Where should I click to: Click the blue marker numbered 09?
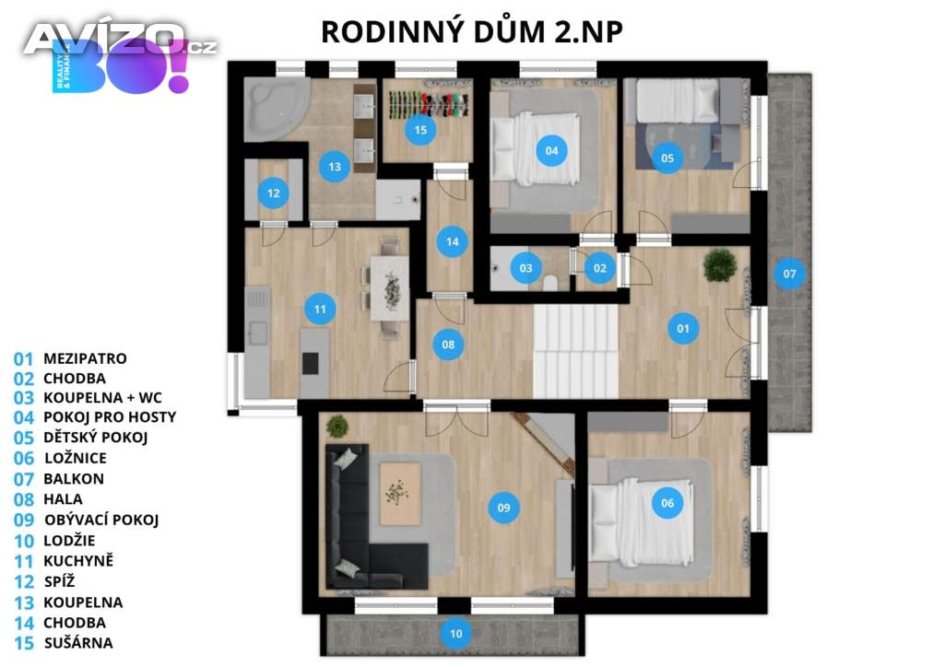pyautogui.click(x=504, y=508)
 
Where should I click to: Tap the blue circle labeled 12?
pyautogui.click(x=273, y=193)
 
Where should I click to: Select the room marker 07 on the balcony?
pyautogui.click(x=789, y=274)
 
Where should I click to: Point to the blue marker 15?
pyautogui.click(x=420, y=129)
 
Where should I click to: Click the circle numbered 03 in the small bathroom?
pyautogui.click(x=525, y=268)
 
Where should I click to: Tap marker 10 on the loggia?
pyautogui.click(x=455, y=633)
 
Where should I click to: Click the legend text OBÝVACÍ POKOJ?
pyautogui.click(x=101, y=520)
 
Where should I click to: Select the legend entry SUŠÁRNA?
pyautogui.click(x=78, y=643)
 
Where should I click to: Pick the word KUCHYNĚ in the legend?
pyautogui.click(x=78, y=560)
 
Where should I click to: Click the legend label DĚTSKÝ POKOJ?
pyautogui.click(x=95, y=438)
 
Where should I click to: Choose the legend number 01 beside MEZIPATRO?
pyautogui.click(x=23, y=359)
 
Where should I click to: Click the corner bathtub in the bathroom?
pyautogui.click(x=275, y=109)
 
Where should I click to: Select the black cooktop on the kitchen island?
pyautogui.click(x=310, y=363)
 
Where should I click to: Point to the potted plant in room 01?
pyautogui.click(x=719, y=264)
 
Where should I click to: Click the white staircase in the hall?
pyautogui.click(x=575, y=351)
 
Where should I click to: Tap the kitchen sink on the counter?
pyautogui.click(x=258, y=333)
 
